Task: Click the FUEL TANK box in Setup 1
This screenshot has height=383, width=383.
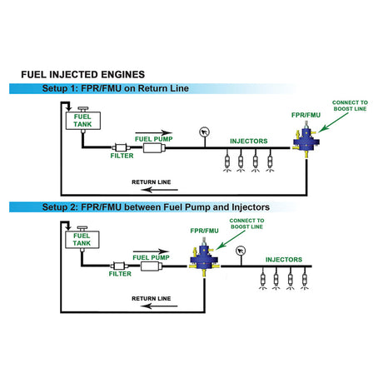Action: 83,121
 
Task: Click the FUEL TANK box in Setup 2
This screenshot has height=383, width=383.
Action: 82,239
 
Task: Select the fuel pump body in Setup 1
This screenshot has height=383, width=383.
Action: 154,148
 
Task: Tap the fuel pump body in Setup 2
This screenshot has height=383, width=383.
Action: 152,266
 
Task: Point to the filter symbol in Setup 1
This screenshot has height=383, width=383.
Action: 121,147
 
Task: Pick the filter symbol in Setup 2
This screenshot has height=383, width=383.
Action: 119,266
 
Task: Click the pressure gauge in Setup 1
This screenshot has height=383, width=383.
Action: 205,132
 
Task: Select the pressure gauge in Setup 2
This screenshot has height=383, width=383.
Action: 241,251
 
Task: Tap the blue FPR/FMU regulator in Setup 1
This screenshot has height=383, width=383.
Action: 306,141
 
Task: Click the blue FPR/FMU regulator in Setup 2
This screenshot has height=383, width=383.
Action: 204,259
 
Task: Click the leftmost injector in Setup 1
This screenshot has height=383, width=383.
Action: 227,161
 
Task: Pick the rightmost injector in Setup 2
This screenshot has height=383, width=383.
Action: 305,278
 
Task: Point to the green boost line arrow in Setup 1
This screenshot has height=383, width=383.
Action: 333,122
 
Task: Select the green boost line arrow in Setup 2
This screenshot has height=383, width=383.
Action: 231,240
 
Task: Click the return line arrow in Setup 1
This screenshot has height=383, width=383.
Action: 159,190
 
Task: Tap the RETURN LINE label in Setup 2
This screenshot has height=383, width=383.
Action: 152,299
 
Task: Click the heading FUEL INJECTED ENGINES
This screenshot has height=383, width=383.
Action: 83,74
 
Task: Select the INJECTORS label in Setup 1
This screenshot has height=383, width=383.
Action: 249,141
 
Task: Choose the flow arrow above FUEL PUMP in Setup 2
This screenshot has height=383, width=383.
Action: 151,251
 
